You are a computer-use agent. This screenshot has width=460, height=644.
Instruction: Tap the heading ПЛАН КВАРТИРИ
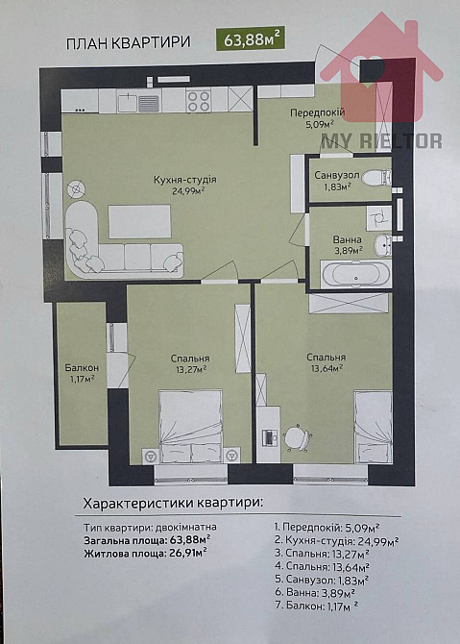tap(128, 42)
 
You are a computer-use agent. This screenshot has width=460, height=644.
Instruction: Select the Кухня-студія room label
tap(184, 179)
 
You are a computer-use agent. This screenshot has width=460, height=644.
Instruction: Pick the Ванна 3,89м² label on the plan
tap(347, 244)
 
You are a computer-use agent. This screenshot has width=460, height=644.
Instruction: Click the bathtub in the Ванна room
tap(356, 274)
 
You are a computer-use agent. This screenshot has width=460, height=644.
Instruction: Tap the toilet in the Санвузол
tap(380, 176)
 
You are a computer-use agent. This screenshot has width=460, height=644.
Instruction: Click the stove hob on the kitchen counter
tap(198, 99)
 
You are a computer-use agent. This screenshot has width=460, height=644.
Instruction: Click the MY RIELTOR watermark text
tap(381, 140)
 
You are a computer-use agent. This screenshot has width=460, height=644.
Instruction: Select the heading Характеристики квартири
tap(173, 502)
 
